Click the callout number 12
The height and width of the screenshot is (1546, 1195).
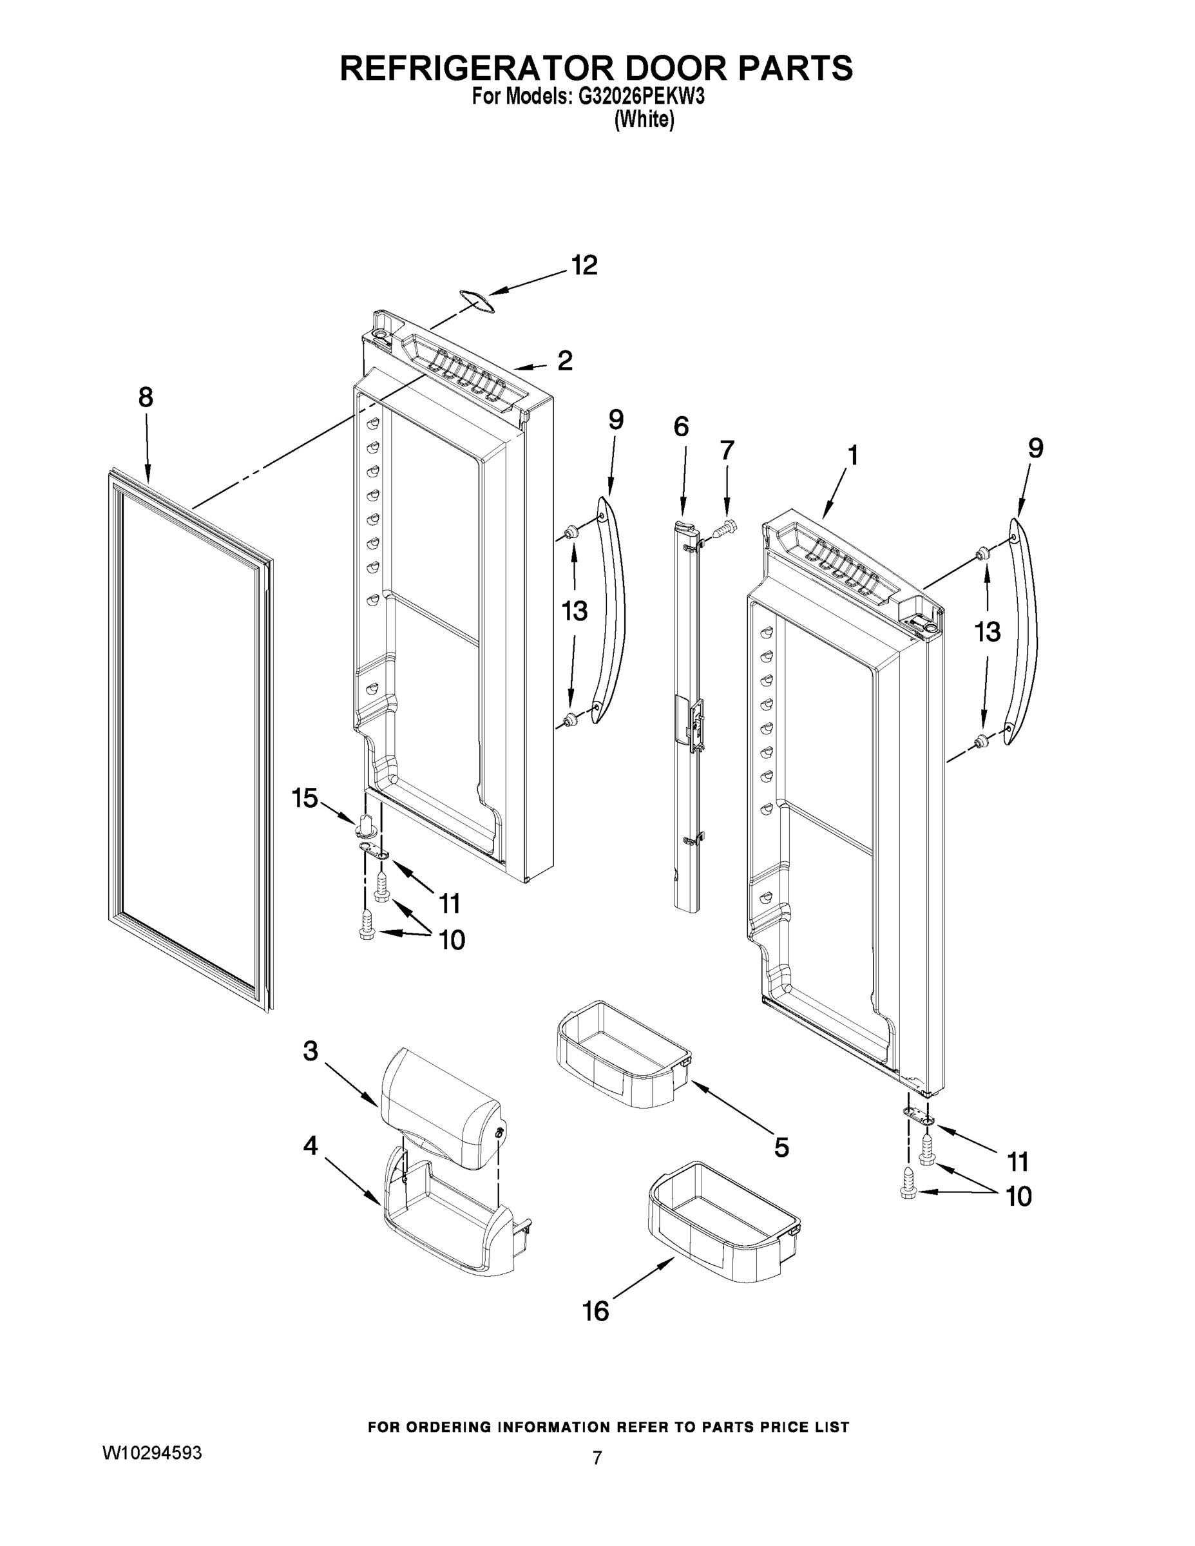pos(584,265)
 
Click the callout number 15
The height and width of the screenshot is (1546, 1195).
pos(305,799)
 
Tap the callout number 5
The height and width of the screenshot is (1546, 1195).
pos(781,1147)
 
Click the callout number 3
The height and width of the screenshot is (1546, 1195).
pos(310,1051)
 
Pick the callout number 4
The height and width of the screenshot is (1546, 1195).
pos(310,1145)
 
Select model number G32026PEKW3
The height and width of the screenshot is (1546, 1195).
pos(642,98)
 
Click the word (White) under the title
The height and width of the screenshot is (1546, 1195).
pos(644,120)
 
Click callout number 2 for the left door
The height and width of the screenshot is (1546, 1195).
pos(564,361)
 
